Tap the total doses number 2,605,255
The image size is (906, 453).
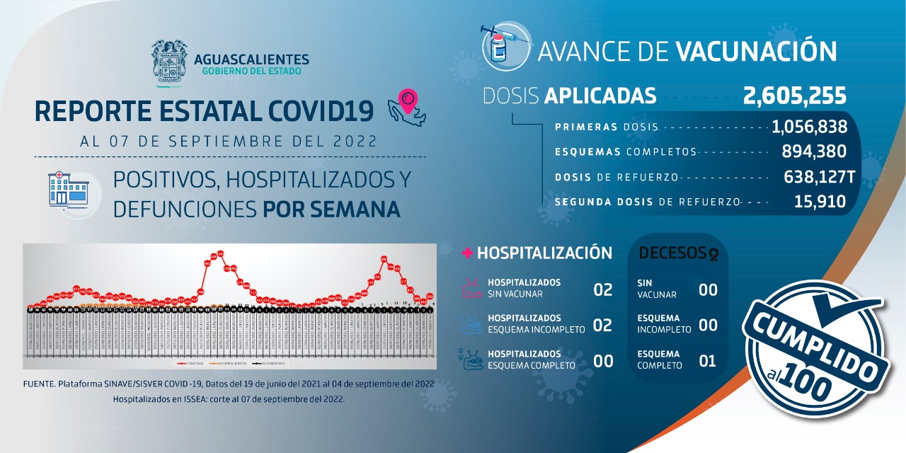pos(794,96)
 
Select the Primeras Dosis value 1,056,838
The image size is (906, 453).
pos(810,127)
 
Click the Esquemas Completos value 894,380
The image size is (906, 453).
pos(814,151)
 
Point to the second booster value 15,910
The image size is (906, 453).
pos(820,202)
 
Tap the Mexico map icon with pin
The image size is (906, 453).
pos(406,108)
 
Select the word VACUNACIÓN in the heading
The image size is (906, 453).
pos(756,52)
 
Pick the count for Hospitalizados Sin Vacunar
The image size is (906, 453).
pos(602,289)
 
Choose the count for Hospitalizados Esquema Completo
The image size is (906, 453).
pos(602,361)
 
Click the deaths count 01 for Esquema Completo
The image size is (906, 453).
pos(707,361)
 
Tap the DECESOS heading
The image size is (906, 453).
pos(667,253)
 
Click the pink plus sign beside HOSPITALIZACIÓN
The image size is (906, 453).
pos(467,253)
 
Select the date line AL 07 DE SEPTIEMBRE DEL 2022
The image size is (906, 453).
pos(229,140)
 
